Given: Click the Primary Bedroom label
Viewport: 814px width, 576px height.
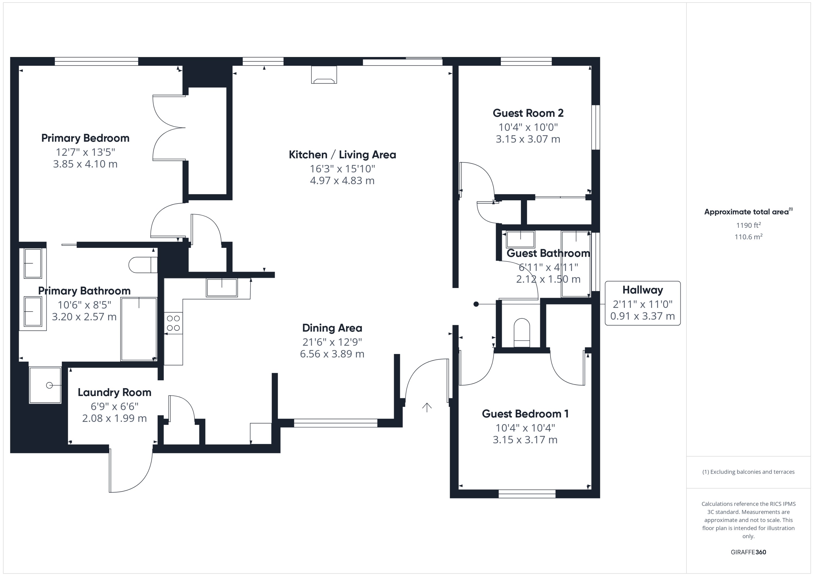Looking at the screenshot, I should pos(85,138).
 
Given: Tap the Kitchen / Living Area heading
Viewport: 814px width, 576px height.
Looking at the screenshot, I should pos(342,155).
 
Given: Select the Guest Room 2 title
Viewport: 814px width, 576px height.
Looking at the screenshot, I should pos(528,113).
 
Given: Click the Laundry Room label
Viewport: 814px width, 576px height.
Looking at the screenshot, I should pos(114,392).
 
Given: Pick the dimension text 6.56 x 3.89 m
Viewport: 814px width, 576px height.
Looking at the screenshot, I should pos(332,354).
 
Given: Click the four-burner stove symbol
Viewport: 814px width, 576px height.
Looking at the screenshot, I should pos(173,323).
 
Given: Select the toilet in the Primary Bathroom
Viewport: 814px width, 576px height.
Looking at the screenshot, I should pos(142,265).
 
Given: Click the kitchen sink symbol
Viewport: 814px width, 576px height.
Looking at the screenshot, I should pos(222,287).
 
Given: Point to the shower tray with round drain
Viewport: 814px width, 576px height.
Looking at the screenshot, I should pos(45,385).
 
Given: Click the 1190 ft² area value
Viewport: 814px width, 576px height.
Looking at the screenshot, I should pos(748,225).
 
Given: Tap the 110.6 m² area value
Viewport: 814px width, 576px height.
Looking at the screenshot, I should pos(748,237).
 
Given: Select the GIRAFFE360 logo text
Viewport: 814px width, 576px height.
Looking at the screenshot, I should pos(748,552).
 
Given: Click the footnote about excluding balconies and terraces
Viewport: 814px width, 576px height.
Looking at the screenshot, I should pos(748,472).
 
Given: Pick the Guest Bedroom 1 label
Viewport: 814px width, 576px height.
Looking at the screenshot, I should pos(525,414).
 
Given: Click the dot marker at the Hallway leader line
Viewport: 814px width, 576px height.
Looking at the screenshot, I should pos(476,304).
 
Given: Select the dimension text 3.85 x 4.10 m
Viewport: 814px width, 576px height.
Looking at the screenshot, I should pos(85,164).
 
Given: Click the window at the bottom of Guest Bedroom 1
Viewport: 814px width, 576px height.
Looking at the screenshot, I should pos(527,493).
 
